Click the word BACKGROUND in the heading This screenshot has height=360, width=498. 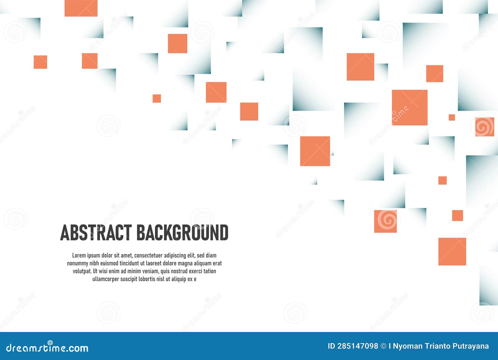coord(182,233)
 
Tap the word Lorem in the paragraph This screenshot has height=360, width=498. coord(79,256)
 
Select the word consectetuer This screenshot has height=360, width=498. coord(148,256)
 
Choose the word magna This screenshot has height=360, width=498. coord(186,263)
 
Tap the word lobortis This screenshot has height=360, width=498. coord(147,279)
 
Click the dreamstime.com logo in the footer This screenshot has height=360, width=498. coord(47,348)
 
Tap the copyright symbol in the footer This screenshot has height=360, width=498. coord(383,346)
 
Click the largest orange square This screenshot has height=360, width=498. coord(410,107)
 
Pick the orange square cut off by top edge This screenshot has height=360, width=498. coord(81,8)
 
